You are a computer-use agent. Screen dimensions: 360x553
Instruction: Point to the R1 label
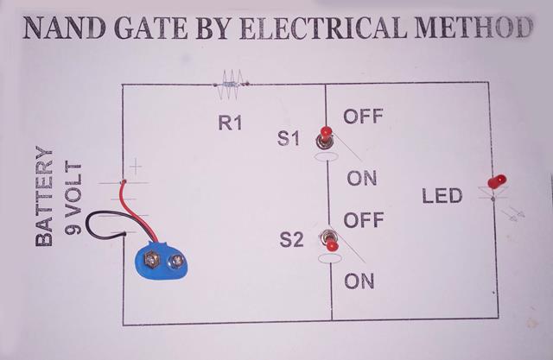click(x=230, y=124)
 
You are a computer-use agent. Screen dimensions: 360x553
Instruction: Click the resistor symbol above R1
click(x=231, y=83)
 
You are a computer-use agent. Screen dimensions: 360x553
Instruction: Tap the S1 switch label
click(x=289, y=138)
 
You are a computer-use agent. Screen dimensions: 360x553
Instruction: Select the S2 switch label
click(x=292, y=241)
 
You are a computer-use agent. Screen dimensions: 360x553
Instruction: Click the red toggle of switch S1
click(x=326, y=135)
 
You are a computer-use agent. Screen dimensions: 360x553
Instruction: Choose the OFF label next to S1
click(x=363, y=117)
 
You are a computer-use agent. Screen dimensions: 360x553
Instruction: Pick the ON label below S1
click(x=361, y=179)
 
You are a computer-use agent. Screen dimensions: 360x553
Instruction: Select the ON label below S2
click(x=359, y=281)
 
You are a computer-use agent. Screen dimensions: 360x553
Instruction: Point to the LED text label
click(x=443, y=197)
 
